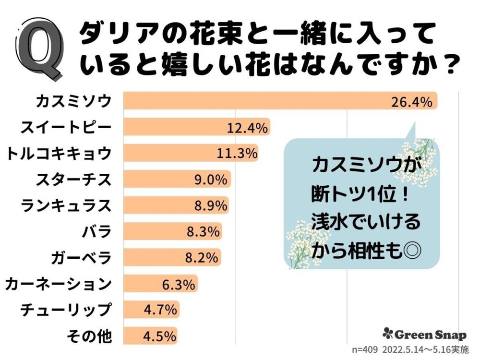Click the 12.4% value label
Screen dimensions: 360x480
point(247,128)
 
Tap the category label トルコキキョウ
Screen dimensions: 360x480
point(59,154)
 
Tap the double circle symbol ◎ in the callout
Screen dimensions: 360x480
point(410,251)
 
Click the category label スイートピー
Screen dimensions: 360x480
point(66,128)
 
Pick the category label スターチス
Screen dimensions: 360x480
point(74,180)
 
